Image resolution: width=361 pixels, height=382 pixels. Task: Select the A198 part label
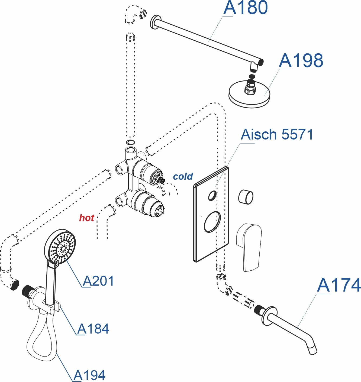pos(301,60)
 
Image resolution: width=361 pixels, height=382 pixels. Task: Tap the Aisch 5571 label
pos(277,134)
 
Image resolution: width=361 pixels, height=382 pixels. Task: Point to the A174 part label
pos(339,285)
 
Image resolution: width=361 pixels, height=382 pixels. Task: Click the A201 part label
pos(98,281)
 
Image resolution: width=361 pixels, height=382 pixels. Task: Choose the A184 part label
pos(93,329)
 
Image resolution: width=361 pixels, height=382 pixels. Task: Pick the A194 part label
pos(89,375)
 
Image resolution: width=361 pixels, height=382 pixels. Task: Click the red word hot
pos(86,218)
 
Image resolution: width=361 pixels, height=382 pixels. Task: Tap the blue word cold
pos(183,177)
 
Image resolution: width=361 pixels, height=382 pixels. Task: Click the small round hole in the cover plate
pos(212,195)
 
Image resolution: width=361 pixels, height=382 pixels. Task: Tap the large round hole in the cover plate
pos(212,222)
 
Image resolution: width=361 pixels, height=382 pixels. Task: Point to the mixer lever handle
pos(249,247)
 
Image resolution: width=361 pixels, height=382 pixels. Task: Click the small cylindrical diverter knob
pos(246,197)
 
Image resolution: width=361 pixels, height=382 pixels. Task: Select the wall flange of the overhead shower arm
pos(154,22)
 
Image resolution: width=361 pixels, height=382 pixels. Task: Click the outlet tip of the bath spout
pos(313,351)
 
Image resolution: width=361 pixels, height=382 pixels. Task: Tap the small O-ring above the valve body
pos(130,143)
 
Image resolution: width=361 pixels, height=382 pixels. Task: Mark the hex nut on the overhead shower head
pos(250,90)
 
